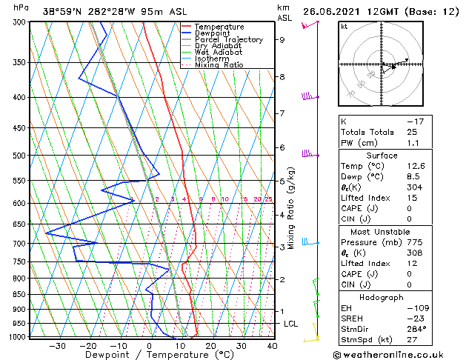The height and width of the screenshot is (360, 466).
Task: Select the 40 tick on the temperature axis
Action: [x=272, y=345]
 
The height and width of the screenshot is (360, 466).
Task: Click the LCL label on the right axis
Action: [x=291, y=324]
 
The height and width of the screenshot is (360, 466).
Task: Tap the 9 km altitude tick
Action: [x=282, y=40]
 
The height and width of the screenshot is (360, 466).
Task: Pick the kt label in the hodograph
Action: [x=344, y=27]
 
